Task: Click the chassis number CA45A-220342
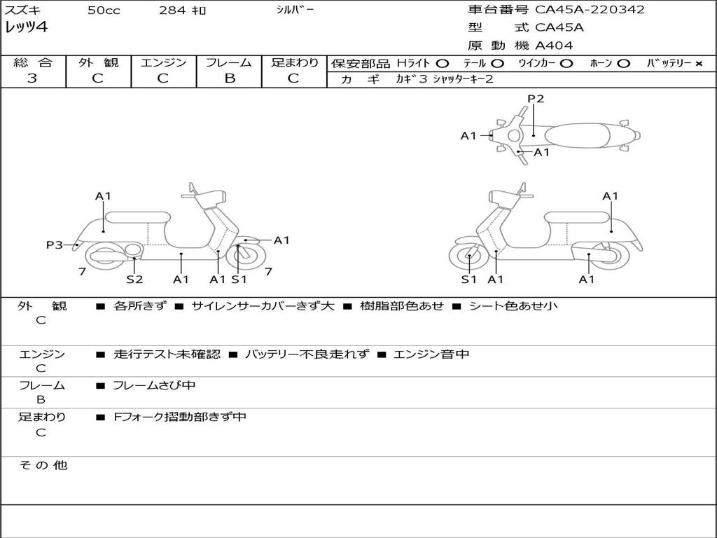point(590,10)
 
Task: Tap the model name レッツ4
point(27,28)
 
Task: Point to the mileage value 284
point(172,11)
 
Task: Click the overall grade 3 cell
point(32,78)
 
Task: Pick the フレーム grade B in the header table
point(229,78)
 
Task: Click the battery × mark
point(698,63)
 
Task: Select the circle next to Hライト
point(443,63)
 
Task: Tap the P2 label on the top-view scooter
point(536,99)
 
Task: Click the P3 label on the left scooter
point(55,244)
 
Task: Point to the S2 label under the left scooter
point(134,279)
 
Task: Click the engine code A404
point(554,46)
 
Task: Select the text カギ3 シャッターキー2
point(445,79)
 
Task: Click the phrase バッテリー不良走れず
point(307,354)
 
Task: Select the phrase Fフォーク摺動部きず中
point(180,417)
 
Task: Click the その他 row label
point(43,465)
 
